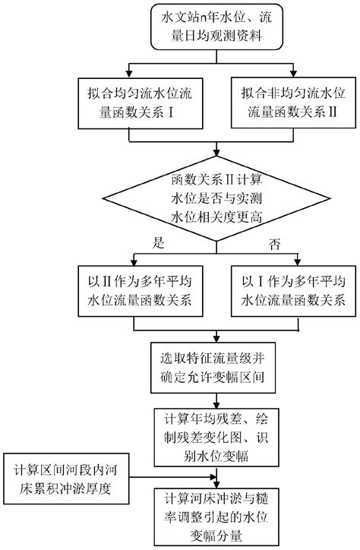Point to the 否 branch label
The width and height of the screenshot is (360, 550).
pos(275,245)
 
